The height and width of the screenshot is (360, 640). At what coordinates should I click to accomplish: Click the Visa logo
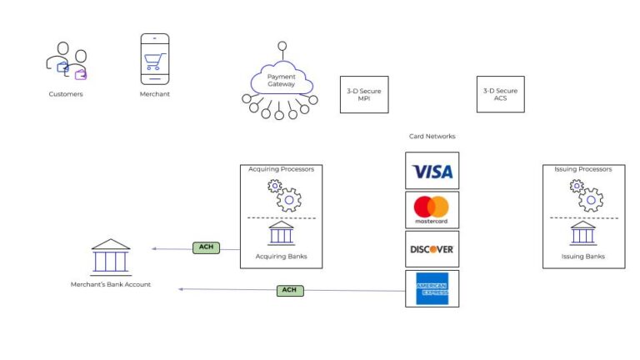point(432,171)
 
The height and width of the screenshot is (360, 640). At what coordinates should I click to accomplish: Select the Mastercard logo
point(432,209)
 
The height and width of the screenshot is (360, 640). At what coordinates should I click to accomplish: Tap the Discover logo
point(432,248)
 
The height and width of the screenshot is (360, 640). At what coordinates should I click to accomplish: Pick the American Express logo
point(432,288)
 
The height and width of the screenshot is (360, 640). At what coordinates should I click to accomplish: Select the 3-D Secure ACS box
point(500,94)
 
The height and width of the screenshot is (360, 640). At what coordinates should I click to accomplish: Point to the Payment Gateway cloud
point(281,80)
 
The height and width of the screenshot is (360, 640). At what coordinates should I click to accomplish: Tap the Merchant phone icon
point(154,59)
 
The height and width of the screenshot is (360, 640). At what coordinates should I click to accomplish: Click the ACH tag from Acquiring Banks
point(206,247)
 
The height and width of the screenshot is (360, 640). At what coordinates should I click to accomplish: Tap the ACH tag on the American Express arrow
point(289,290)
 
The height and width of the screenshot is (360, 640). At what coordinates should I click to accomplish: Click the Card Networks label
point(432,136)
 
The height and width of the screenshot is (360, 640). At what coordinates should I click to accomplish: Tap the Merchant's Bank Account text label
point(111,285)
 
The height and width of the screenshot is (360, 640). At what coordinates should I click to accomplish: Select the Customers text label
point(66,94)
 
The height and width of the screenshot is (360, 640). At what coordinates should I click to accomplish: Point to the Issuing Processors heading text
point(583,169)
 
